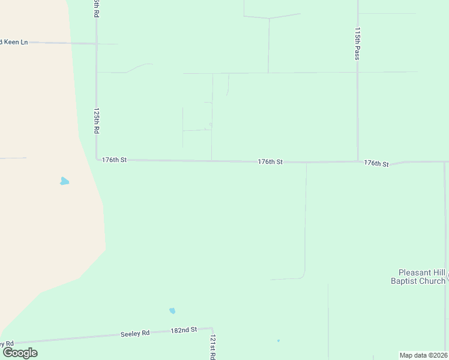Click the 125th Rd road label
coord(96,121)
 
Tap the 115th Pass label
coord(357,44)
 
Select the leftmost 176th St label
coord(114,160)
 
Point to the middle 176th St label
coord(270,162)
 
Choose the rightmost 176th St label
coord(376,163)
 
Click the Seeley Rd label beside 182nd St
coord(135,333)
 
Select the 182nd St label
coord(184,330)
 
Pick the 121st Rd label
coord(212,347)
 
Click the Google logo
coord(20,353)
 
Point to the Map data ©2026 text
coord(423,355)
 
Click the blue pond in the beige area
coord(64,181)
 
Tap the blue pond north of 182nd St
coord(172,311)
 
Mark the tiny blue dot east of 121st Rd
coord(279,341)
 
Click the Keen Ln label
coord(14,42)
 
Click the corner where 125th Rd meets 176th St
coord(97,160)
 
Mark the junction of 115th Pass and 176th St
coord(358,161)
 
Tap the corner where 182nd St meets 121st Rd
coord(212,328)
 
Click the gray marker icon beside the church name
coord(447,276)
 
